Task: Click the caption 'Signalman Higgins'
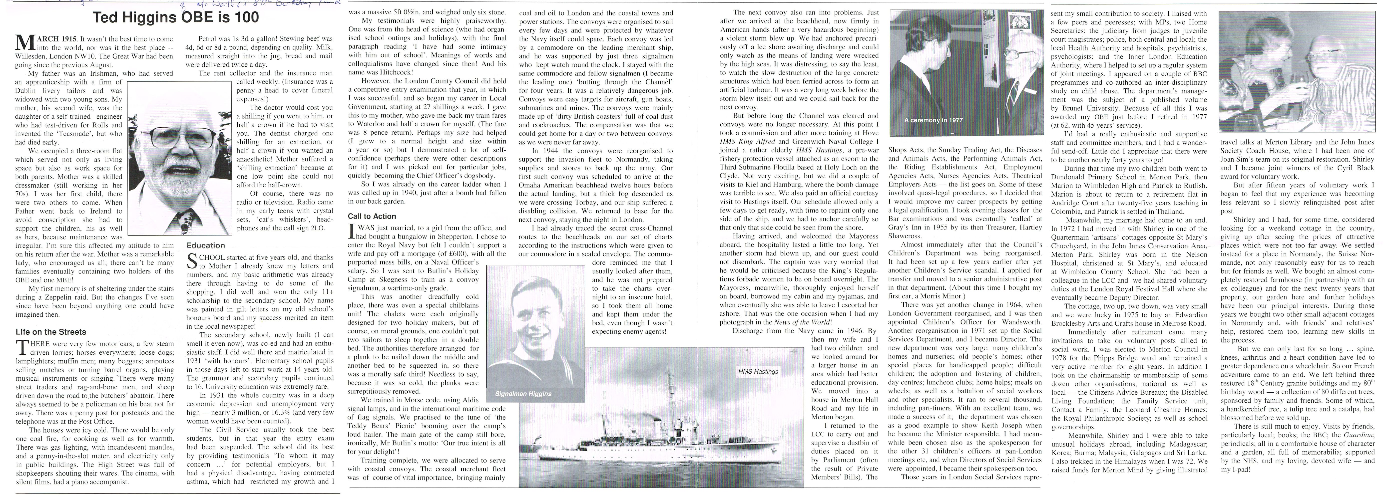(523, 394)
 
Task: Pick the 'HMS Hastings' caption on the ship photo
(758, 371)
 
